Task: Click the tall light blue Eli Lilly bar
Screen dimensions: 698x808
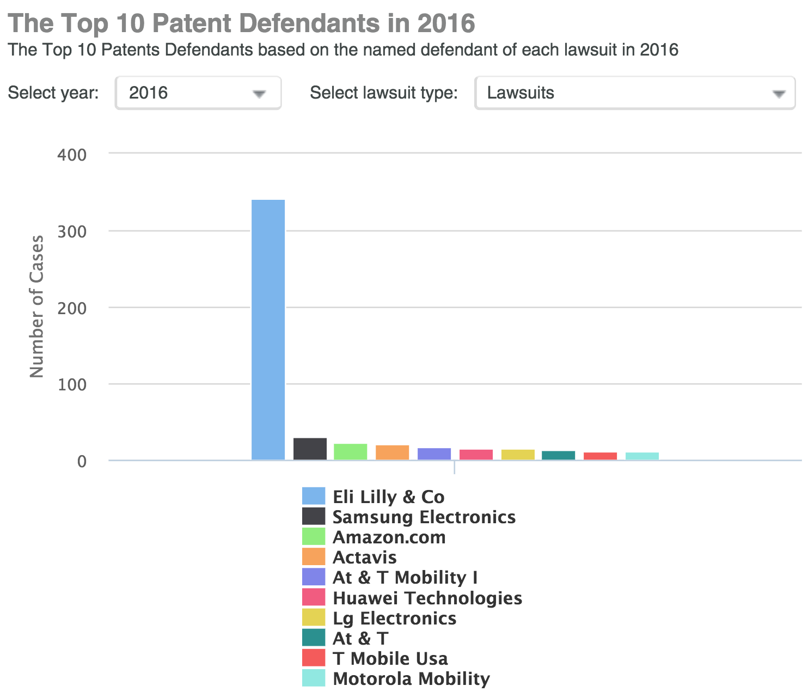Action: [268, 329]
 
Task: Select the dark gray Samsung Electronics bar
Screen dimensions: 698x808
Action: [310, 449]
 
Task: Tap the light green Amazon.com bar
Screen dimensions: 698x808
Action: [351, 452]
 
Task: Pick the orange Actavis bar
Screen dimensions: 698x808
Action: [392, 453]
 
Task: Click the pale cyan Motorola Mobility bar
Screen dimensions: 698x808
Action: [642, 456]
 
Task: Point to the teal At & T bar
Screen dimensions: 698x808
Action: [558, 455]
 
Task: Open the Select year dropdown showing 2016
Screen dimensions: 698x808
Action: [198, 93]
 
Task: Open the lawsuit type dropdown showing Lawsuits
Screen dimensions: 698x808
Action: [635, 93]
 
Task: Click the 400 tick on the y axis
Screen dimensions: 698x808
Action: [72, 155]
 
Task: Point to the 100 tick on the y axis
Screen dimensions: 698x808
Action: [72, 385]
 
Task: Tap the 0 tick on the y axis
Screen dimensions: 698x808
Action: [82, 462]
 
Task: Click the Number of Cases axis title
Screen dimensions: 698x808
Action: [36, 307]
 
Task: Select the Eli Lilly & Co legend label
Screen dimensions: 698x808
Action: [388, 497]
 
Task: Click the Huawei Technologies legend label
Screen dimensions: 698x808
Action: [427, 598]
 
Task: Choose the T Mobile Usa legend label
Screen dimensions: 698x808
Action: [390, 658]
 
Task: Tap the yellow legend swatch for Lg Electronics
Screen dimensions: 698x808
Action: [314, 617]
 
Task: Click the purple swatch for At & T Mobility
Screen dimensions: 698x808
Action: [314, 577]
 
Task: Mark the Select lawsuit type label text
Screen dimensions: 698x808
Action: [384, 93]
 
